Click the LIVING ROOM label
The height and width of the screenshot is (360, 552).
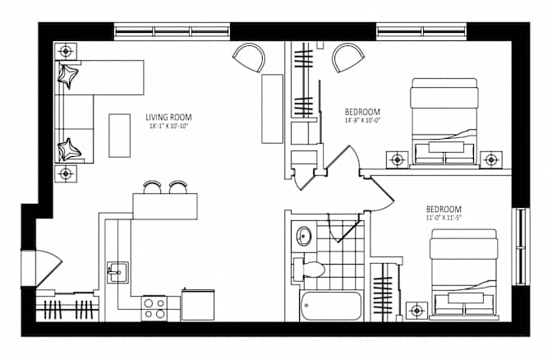168,117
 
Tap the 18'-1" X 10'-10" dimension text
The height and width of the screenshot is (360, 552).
169,126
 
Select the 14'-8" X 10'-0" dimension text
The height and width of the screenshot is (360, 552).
362,120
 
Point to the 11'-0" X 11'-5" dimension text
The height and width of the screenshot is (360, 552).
444,217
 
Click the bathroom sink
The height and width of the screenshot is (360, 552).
303,236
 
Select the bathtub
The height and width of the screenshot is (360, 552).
330,306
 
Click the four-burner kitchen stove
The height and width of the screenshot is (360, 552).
154,308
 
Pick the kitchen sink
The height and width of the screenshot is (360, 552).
117,271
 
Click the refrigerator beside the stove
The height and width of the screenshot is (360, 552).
198,305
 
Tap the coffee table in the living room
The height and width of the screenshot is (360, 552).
120,136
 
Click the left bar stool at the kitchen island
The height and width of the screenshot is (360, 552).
153,187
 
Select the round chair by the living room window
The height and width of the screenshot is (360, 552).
249,58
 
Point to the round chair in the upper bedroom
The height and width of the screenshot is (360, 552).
348,58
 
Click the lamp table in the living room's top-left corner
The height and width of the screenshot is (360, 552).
66,52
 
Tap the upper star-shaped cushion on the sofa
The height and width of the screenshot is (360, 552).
67,76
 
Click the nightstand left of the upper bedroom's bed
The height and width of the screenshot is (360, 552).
398,160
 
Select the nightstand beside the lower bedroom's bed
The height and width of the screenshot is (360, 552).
416,311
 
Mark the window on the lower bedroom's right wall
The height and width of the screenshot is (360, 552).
521,247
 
